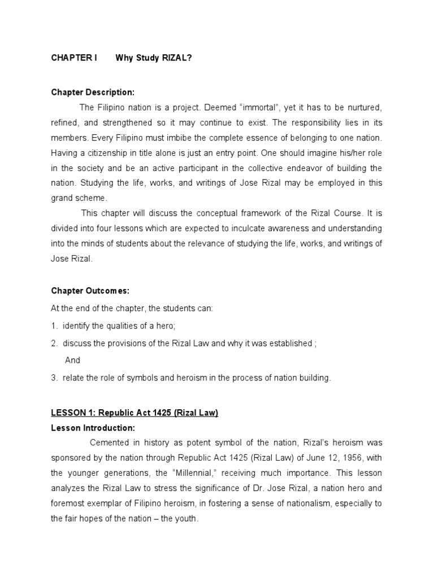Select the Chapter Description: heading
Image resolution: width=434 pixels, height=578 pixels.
point(93,92)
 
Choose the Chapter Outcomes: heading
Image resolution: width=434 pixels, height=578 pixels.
point(90,291)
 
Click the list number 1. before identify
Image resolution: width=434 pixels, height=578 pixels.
point(54,326)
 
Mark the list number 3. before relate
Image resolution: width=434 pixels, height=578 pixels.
point(54,378)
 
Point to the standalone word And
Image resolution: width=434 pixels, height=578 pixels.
point(72,360)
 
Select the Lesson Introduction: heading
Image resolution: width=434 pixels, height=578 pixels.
point(93,428)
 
